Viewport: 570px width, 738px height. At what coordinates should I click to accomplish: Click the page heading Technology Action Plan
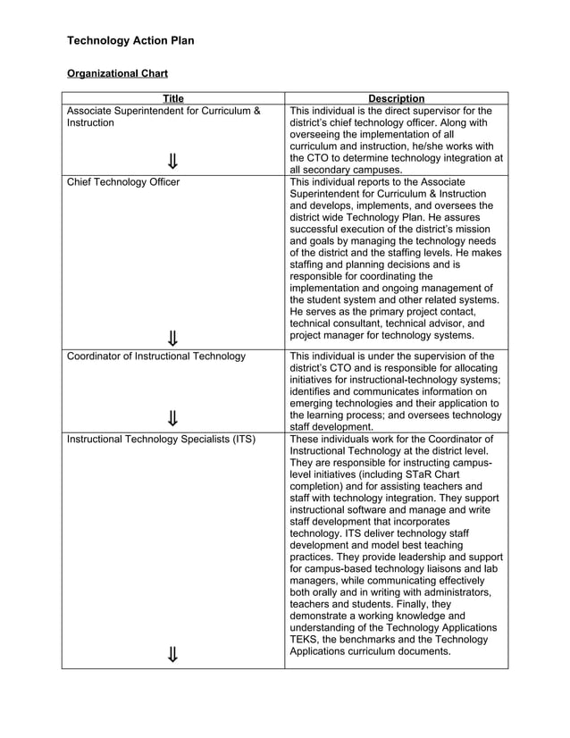point(130,41)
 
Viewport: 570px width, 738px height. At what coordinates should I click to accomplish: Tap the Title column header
point(173,98)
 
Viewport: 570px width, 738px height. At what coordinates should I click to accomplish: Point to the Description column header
point(396,98)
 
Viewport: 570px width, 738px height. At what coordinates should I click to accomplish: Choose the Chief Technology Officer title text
point(123,182)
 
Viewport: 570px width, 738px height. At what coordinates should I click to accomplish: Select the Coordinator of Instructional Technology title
point(156,356)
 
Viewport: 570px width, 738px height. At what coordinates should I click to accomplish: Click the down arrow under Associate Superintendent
point(172,162)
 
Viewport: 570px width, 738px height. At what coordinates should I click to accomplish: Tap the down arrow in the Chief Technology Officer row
point(172,337)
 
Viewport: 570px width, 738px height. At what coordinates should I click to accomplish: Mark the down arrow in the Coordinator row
point(172,420)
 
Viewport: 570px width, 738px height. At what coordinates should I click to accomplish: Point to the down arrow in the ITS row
point(172,655)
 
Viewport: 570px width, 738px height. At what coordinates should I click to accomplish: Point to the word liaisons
point(438,568)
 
